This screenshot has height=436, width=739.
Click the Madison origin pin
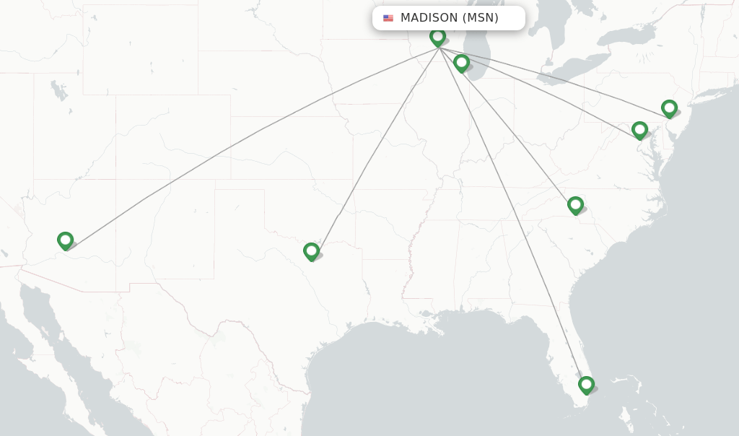[437, 36]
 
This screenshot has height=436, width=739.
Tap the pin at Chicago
[461, 63]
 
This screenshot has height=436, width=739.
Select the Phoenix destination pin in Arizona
[65, 240]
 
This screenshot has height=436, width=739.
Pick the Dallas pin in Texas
[311, 250]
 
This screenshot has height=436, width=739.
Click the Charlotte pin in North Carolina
[575, 205]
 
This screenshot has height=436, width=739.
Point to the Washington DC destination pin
[639, 130]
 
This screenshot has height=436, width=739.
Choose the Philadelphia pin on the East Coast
[669, 108]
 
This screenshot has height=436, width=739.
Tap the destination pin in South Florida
[586, 384]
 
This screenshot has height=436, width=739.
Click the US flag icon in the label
[388, 18]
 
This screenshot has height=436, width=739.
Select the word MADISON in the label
[429, 18]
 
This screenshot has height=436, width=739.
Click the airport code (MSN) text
[481, 18]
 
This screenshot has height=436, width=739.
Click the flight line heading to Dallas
[375, 148]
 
